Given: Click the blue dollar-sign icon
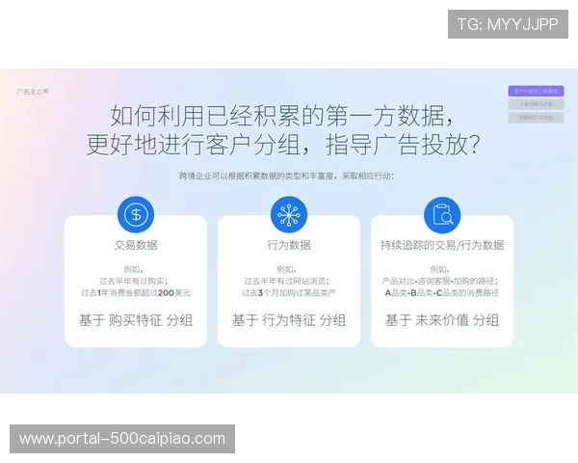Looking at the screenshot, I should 136,214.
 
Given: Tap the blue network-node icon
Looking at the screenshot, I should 288,214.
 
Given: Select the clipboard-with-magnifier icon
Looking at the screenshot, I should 442,214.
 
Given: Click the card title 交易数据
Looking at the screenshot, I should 136,245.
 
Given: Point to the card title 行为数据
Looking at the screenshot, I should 289,245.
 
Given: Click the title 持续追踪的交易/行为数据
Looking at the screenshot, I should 442,245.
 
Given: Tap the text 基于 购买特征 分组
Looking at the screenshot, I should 136,320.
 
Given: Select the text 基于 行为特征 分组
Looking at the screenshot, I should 289,320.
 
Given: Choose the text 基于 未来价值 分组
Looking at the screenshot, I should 442,320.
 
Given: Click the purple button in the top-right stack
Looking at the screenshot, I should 536,91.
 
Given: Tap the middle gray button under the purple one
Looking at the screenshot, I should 536,104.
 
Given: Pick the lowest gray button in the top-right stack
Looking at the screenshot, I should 536,118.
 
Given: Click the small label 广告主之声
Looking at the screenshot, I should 32,92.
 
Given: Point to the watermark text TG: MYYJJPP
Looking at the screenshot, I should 508,24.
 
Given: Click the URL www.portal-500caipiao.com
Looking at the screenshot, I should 122,439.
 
